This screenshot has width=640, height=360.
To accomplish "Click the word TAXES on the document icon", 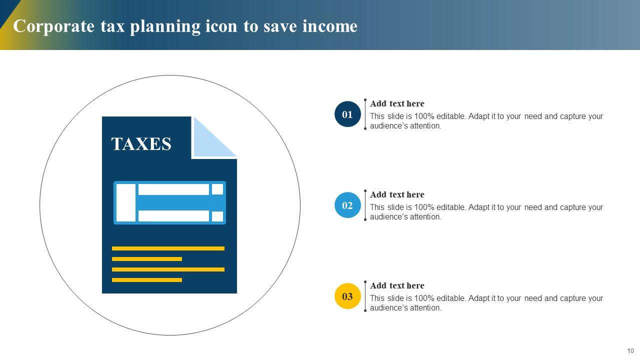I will point(141,144).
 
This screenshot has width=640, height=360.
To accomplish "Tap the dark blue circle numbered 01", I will point(347,114).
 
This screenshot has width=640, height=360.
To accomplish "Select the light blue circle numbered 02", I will point(347,205).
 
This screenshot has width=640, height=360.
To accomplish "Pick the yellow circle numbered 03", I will point(347,296).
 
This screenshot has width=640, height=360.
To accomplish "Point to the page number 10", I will point(630,350).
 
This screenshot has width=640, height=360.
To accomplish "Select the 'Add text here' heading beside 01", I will point(397,104).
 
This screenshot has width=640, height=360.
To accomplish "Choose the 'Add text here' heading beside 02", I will point(397,195).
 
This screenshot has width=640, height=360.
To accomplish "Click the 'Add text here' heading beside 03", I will point(397,286).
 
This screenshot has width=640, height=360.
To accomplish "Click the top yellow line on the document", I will point(168,248).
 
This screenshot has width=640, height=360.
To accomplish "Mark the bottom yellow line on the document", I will point(147,280).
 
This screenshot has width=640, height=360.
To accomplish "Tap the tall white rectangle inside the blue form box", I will point(126,202).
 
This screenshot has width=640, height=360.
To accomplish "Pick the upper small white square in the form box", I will point(217,189).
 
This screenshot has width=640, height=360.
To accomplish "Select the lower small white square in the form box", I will point(217,216).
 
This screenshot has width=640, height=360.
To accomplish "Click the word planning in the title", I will point(165,26).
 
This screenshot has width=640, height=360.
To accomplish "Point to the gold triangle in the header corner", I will point(6,35).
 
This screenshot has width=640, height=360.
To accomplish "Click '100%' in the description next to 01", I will point(423,116).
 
